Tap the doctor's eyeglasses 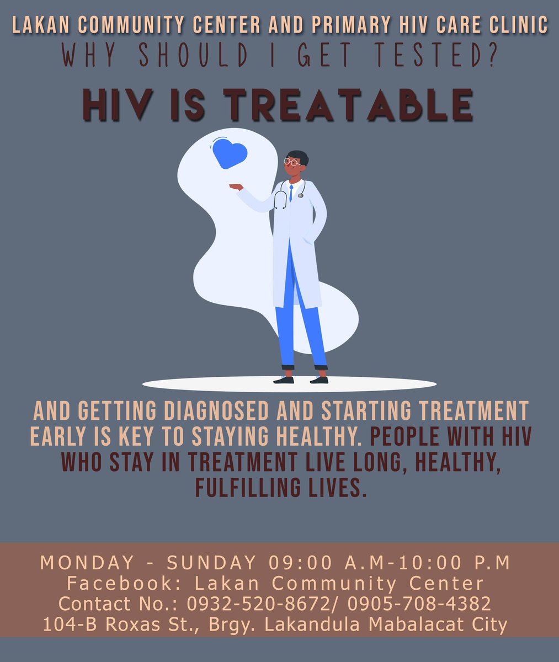[x=292, y=162]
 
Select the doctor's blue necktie [x=291, y=193]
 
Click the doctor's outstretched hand [x=237, y=188]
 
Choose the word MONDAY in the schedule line [x=87, y=563]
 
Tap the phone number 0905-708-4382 [x=419, y=604]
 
